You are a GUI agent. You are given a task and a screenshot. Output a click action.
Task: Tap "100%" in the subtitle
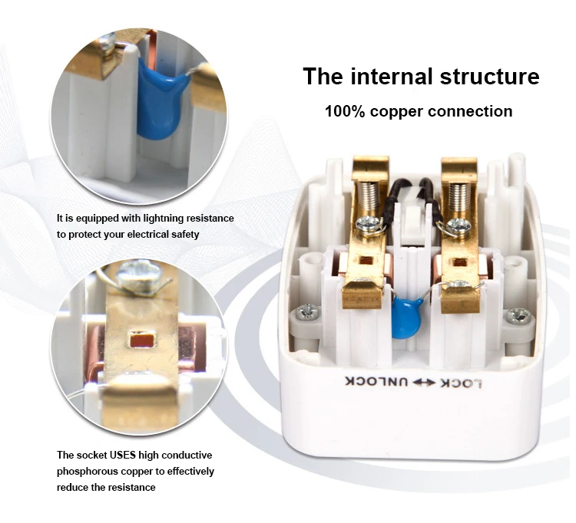coord(344,111)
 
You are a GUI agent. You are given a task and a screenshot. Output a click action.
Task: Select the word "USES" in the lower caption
coord(119,455)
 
